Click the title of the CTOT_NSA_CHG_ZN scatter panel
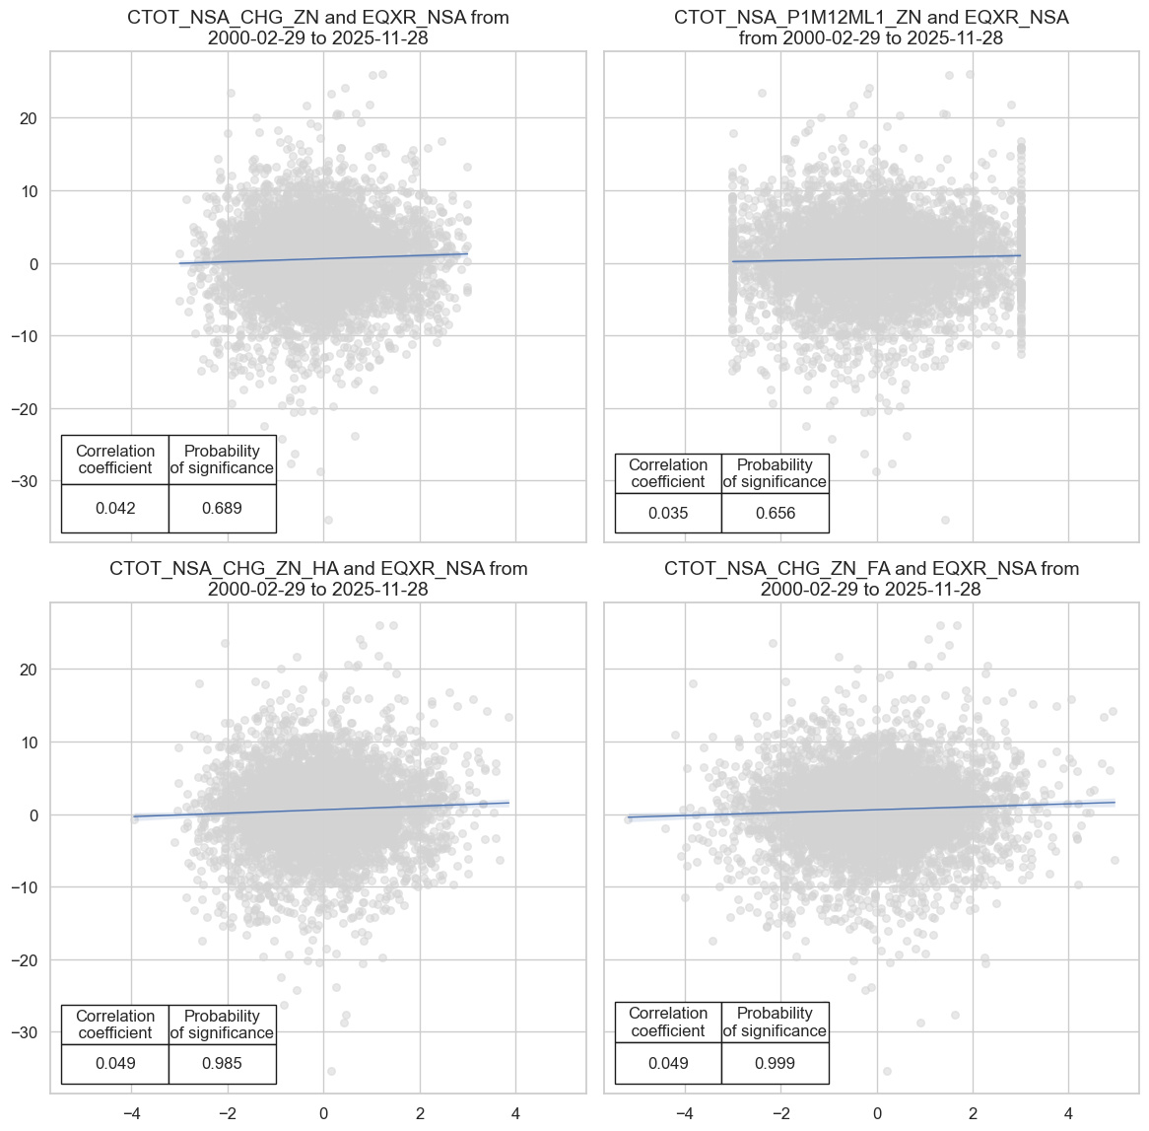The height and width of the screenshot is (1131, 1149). [x=317, y=29]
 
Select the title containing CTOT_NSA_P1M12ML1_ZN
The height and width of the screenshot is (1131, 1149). [x=871, y=29]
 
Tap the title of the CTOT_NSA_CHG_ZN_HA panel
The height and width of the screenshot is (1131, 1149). [x=317, y=579]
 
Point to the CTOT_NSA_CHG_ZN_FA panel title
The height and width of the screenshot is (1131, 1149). [x=871, y=579]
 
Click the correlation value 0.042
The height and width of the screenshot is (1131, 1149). [x=115, y=509]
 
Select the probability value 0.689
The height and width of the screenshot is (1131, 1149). [x=222, y=509]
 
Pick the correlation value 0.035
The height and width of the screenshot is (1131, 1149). [x=668, y=514]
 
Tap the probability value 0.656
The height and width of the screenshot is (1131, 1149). [x=775, y=514]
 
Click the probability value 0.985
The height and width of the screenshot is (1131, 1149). [x=222, y=1064]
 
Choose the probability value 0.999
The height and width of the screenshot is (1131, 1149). [x=775, y=1063]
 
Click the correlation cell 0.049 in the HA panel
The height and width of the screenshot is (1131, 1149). [x=115, y=1064]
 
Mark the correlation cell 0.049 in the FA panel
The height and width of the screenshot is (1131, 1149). [x=668, y=1063]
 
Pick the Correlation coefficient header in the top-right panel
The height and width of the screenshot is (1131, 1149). [x=668, y=473]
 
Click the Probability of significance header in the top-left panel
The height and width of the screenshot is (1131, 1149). [x=222, y=459]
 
